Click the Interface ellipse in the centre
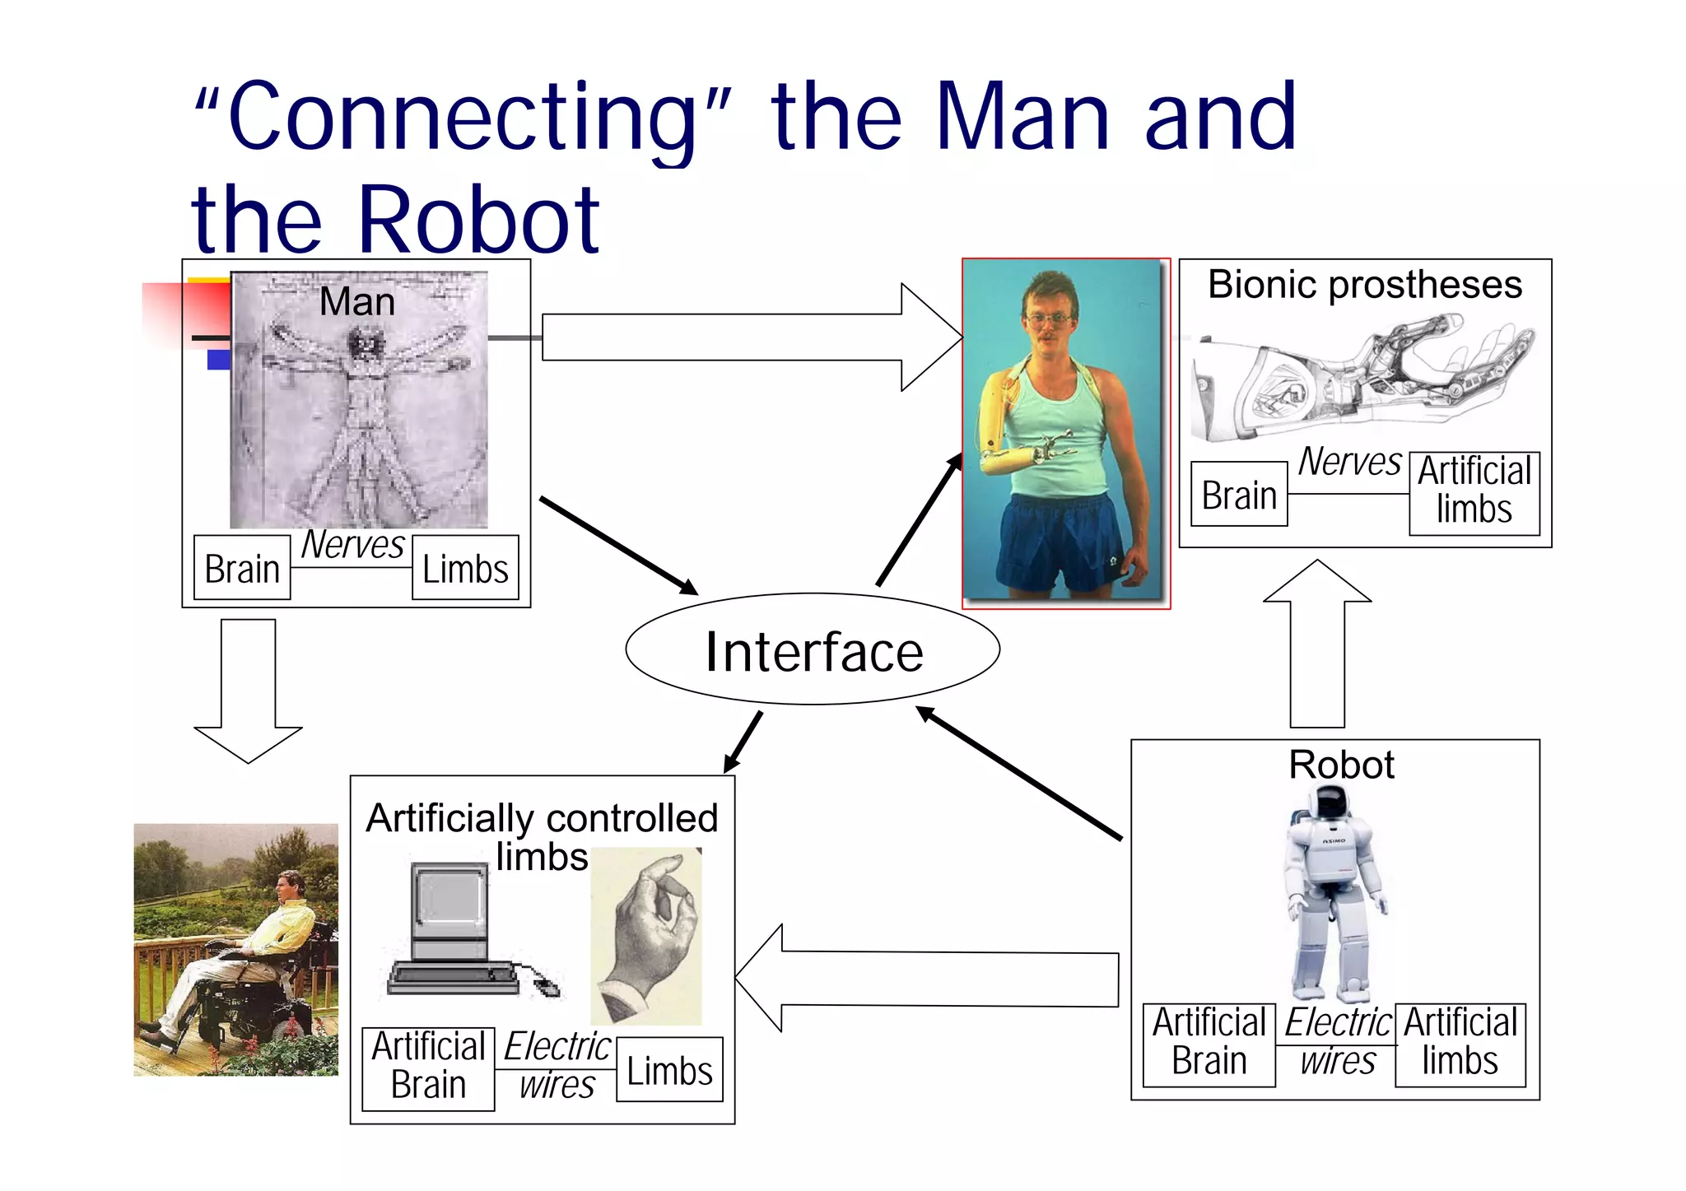813,649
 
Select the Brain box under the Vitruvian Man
242,568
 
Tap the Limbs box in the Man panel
465,568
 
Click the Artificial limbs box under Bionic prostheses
1474,493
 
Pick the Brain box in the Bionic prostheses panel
1239,495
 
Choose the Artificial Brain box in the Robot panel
1209,1044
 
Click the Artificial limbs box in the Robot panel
1460,1044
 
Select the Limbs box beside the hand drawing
669,1070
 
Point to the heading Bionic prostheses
1364,285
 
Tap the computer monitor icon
449,910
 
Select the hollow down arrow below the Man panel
248,691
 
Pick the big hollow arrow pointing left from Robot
922,978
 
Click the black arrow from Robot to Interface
1021,774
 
